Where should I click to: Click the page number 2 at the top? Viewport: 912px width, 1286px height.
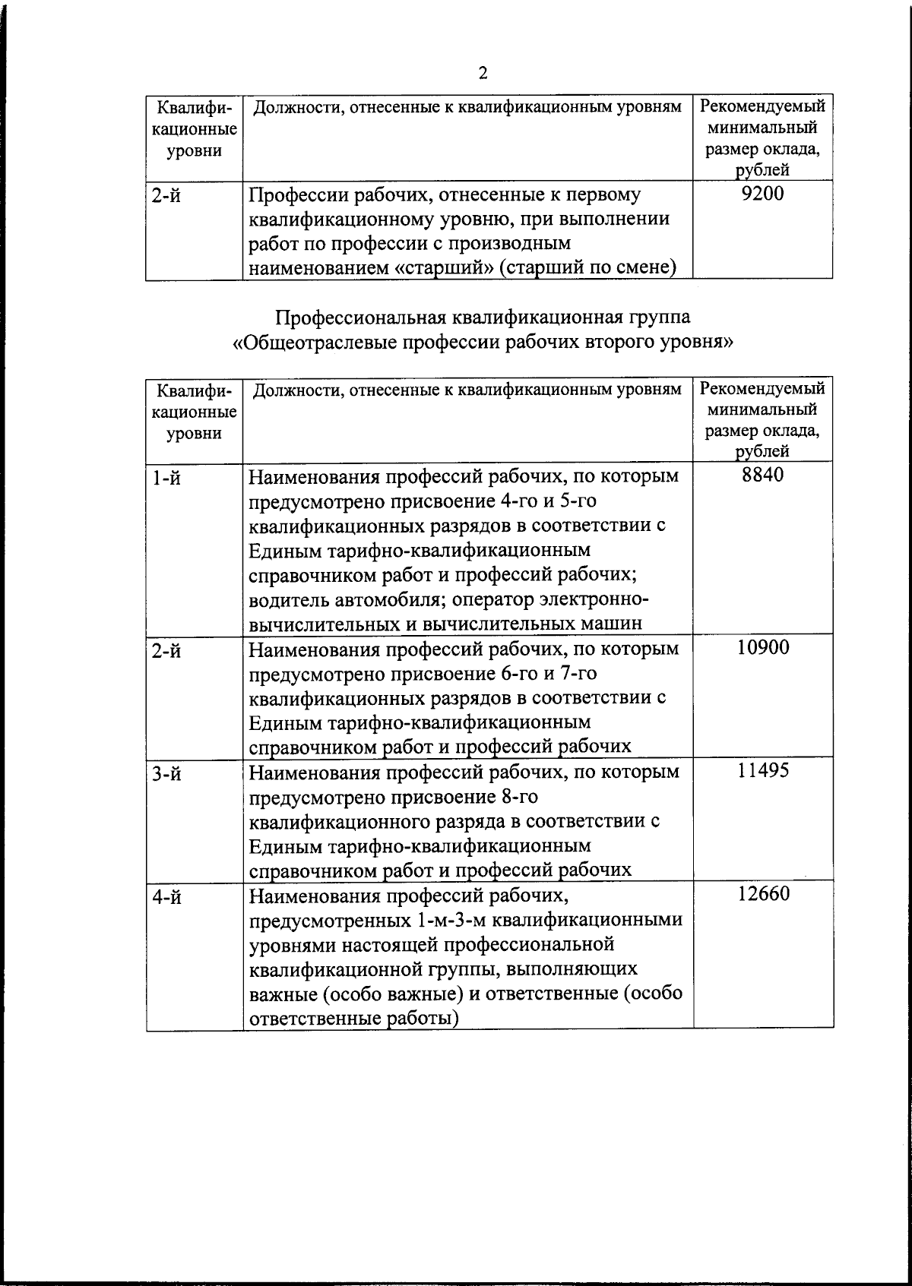(x=483, y=73)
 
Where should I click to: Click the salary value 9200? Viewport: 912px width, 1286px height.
(x=762, y=194)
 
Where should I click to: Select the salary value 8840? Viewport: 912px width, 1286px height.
(x=762, y=476)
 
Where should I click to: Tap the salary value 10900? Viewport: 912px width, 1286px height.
(x=762, y=647)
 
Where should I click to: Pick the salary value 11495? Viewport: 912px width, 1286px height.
(x=762, y=770)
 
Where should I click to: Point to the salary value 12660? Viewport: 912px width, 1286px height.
(x=762, y=893)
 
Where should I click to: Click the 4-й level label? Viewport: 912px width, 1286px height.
(x=166, y=898)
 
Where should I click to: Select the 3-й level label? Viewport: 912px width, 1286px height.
(x=166, y=775)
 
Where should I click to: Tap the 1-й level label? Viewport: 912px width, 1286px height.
(x=166, y=479)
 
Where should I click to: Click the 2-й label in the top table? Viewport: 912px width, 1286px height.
(x=166, y=197)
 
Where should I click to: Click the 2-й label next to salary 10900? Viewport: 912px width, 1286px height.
(x=166, y=652)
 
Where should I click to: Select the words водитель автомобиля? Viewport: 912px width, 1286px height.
(x=346, y=599)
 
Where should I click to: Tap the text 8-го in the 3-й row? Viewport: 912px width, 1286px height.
(x=520, y=797)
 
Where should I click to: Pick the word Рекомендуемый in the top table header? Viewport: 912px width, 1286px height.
(x=762, y=106)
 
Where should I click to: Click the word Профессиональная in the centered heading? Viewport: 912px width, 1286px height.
(x=357, y=318)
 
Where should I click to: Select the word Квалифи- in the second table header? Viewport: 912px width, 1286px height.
(x=194, y=390)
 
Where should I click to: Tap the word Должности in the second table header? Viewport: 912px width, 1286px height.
(x=290, y=390)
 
